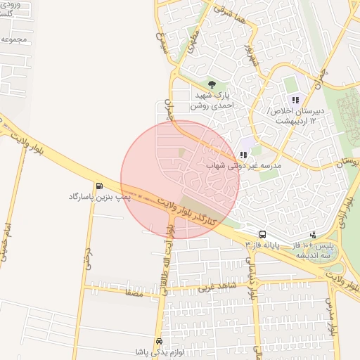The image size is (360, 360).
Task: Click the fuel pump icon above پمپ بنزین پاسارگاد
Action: pyautogui.click(x=98, y=186)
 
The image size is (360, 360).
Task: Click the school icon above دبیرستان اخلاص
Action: pyautogui.click(x=295, y=100)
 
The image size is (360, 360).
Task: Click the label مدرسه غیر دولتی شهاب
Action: pyautogui.click(x=243, y=166)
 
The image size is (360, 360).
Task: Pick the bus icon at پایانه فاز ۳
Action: pyautogui.click(x=263, y=234)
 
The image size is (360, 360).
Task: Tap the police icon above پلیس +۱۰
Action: pyautogui.click(x=313, y=234)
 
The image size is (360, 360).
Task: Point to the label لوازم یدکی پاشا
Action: pyautogui.click(x=157, y=352)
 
